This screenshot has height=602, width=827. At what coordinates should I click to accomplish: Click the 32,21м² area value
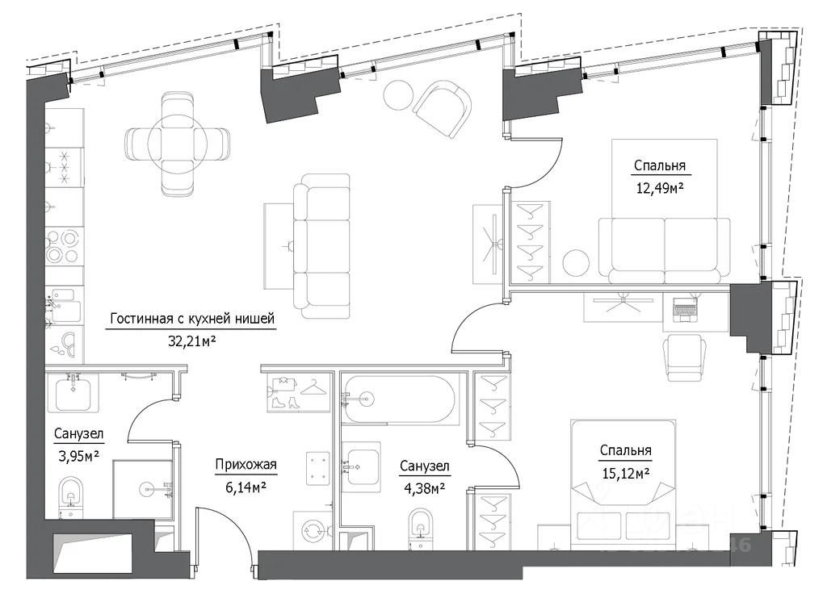(x=191, y=340)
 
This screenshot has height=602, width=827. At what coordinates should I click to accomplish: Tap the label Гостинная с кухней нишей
(x=192, y=320)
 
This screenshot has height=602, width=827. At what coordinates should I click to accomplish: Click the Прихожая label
(x=246, y=464)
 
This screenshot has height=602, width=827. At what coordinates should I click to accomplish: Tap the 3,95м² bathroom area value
(x=77, y=454)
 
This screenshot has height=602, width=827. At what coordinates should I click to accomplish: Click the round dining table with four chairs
(x=177, y=144)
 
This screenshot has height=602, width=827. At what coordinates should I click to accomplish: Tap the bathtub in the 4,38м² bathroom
(x=398, y=399)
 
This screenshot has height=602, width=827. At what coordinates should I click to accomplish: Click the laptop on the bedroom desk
(x=683, y=307)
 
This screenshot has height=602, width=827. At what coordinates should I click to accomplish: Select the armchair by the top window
(x=442, y=110)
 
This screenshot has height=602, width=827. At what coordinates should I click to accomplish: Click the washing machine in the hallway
(x=313, y=530)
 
